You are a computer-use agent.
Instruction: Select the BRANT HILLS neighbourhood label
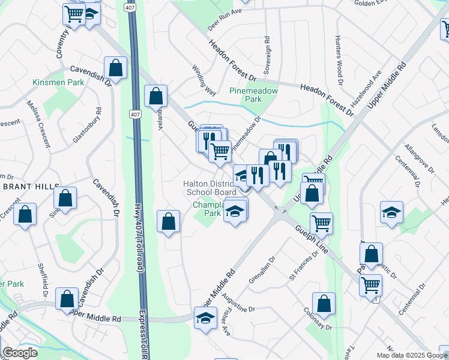(x=26, y=187)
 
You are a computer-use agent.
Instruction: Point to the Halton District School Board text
(x=209, y=188)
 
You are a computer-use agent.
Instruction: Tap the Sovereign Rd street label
(x=267, y=50)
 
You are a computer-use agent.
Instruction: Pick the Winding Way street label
(x=203, y=81)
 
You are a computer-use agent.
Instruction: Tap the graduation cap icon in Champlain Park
(x=235, y=211)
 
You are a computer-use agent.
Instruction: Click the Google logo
(x=20, y=353)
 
